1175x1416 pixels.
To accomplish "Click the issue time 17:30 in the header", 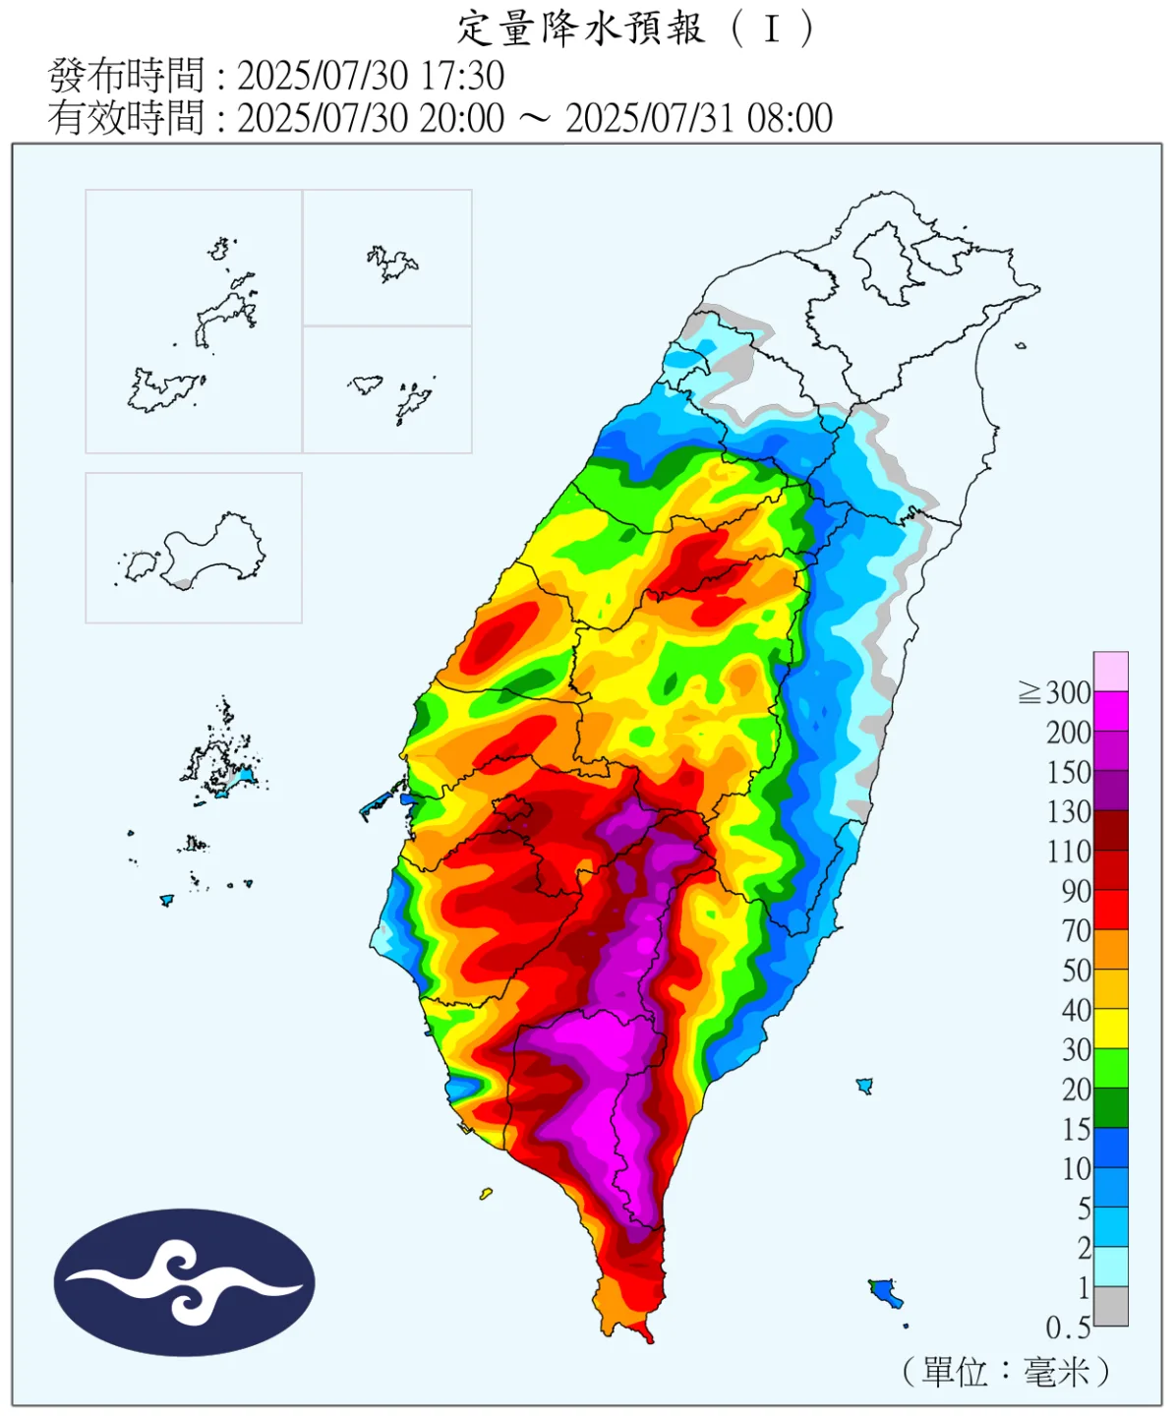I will (x=462, y=76).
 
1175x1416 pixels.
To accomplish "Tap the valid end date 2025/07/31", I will (x=651, y=118).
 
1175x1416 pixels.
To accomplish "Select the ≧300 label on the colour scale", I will (x=1055, y=693).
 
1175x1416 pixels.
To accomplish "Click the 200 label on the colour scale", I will (x=1069, y=733).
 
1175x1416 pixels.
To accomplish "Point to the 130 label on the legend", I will (x=1069, y=812).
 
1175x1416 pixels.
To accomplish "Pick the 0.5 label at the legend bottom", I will (x=1068, y=1328).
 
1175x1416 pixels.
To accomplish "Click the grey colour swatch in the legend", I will (x=1111, y=1307).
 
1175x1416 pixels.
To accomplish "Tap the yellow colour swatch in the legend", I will (x=1111, y=1029).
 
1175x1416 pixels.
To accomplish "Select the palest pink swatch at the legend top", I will (x=1111, y=672).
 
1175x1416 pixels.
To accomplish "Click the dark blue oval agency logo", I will (x=184, y=1282).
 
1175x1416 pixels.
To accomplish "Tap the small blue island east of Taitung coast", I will (x=865, y=1086).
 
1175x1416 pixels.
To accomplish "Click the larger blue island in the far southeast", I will (x=886, y=1292).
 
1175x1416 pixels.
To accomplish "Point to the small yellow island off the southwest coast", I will (x=486, y=1195).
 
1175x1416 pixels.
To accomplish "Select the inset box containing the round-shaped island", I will (x=194, y=548).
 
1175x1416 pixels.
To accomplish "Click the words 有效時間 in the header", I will (x=126, y=118).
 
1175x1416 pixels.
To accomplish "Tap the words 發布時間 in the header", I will (x=126, y=76).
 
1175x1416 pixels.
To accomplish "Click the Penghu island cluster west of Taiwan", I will (x=224, y=762).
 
